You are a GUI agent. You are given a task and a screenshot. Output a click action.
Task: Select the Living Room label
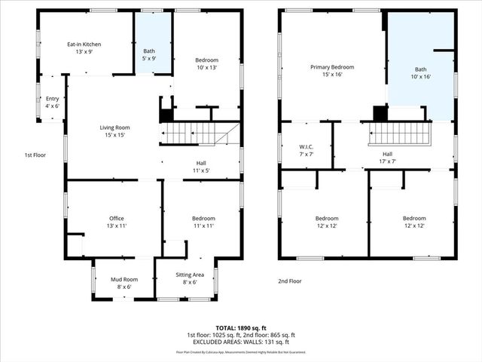(x=114, y=132)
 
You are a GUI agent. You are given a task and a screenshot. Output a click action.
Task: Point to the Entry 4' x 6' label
(x=52, y=103)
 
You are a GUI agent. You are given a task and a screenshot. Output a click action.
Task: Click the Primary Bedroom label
(x=331, y=71)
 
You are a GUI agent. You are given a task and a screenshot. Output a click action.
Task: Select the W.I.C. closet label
(x=305, y=150)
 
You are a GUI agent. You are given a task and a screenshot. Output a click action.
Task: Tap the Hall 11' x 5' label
(x=201, y=166)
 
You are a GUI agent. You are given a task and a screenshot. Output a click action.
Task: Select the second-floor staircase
(x=399, y=134)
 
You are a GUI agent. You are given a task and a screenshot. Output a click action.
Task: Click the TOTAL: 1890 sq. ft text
(x=240, y=327)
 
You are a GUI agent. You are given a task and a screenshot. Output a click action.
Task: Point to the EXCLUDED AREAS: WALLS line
(x=240, y=343)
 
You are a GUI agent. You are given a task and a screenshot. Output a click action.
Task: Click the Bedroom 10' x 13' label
(x=207, y=64)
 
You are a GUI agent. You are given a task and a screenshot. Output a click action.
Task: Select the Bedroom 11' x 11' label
(x=200, y=222)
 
